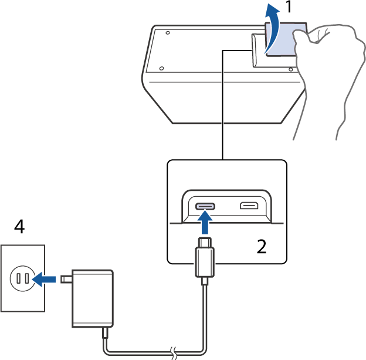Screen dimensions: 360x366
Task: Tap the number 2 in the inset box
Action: click(x=262, y=245)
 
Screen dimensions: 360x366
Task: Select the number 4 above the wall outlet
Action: click(x=19, y=226)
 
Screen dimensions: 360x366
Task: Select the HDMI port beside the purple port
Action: click(x=249, y=206)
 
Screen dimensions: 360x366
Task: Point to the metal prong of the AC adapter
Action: click(x=66, y=280)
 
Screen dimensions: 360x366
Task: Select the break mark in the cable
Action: click(x=172, y=353)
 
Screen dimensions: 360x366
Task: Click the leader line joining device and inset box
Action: click(x=223, y=106)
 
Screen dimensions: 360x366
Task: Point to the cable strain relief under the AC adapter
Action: click(x=105, y=333)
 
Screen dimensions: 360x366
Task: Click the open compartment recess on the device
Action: click(x=259, y=50)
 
